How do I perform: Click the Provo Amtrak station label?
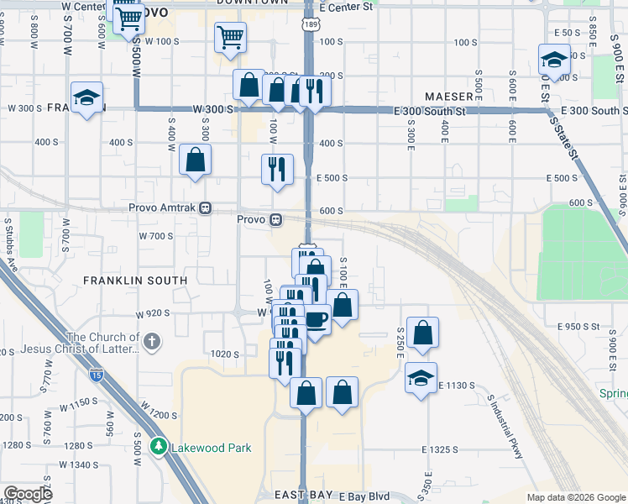point(162,208)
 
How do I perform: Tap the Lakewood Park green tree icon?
point(157,447)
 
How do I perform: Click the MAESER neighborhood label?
point(450,96)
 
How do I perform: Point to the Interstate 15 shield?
point(97,375)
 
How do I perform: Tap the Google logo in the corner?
point(28,494)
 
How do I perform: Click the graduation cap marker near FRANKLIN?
point(86,98)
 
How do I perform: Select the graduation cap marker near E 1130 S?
point(421,378)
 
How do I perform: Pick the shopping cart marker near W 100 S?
point(230,36)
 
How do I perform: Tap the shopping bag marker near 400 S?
point(195,160)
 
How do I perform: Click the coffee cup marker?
point(317,318)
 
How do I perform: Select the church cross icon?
point(151,341)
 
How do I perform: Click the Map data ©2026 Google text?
point(574,497)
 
